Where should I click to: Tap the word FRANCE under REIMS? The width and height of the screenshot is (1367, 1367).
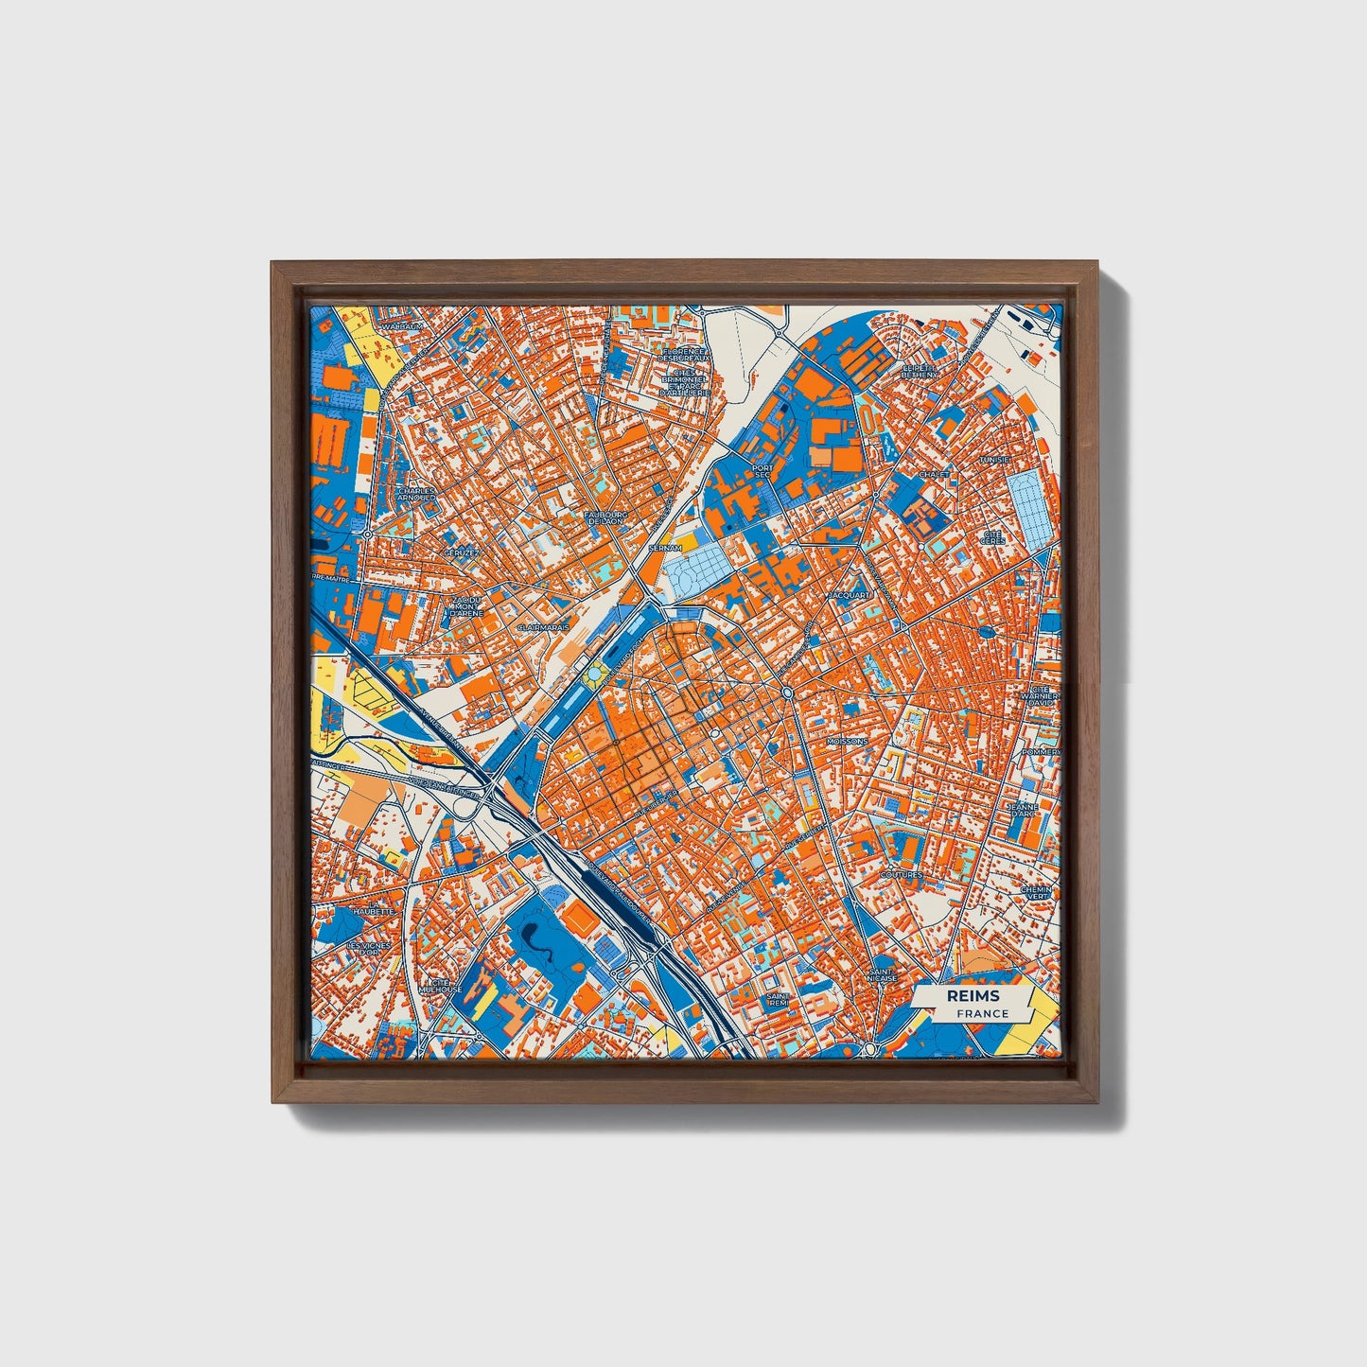tap(982, 1013)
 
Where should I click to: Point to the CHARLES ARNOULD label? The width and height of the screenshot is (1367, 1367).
tap(417, 495)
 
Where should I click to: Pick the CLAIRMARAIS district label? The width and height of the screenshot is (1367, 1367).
tap(543, 626)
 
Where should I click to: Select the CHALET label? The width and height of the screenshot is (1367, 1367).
tap(934, 474)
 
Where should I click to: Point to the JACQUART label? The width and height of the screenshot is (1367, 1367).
tap(847, 595)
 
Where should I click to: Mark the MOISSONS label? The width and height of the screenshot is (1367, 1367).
tap(846, 741)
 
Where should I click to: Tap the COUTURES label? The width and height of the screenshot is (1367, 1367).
tap(901, 875)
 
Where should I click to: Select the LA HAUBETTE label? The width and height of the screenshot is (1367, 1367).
tap(370, 911)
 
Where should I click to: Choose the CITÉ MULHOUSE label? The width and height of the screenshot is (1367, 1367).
tap(443, 986)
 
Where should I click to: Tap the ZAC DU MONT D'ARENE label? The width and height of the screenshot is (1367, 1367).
tap(466, 606)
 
